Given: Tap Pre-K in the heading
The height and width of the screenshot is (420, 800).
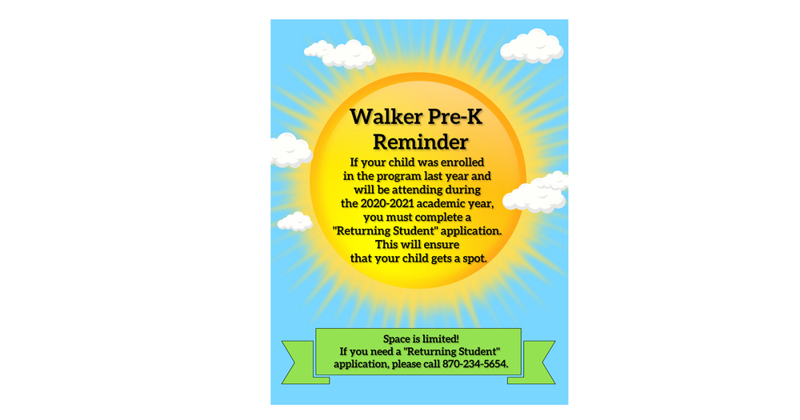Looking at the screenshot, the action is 455,116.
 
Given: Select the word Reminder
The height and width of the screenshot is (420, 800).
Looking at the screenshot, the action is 421,142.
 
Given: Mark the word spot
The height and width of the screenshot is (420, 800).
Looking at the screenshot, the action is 474,258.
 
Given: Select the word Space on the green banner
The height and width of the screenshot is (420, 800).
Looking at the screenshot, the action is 397,339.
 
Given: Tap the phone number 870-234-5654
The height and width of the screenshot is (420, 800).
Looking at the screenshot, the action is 475,364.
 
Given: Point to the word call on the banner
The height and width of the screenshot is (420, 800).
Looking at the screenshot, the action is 431,364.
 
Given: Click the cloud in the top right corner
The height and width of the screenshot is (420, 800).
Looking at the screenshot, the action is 532,46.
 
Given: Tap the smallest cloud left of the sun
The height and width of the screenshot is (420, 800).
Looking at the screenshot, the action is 295,222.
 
